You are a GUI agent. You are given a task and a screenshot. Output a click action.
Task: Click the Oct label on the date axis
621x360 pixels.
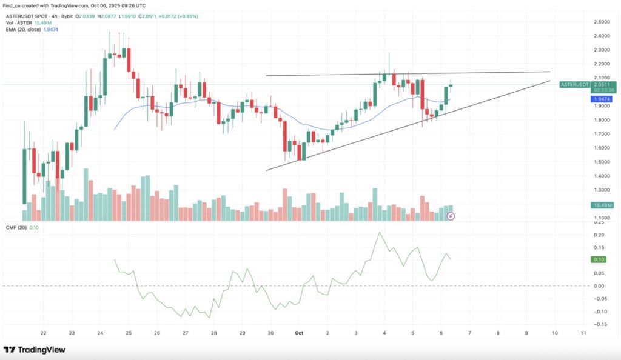[x=298, y=333]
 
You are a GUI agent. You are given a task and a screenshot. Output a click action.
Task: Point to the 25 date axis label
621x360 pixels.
[x=129, y=333]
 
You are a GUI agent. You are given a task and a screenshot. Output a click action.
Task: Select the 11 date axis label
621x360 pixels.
[x=583, y=333]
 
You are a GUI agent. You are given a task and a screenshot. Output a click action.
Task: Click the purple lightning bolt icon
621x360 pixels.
[x=451, y=215]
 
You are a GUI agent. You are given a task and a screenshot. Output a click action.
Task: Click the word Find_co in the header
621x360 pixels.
[x=13, y=5]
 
